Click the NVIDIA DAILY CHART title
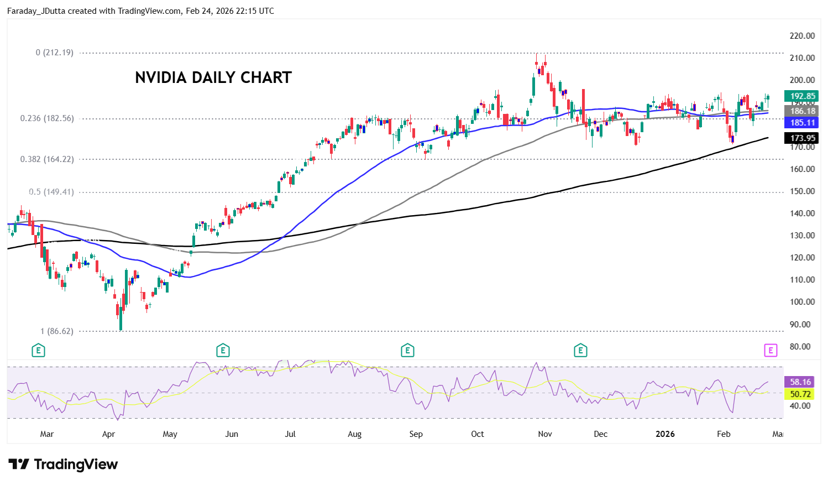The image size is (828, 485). coord(213,77)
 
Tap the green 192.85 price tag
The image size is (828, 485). coord(802,96)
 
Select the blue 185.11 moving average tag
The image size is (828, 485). coord(802,123)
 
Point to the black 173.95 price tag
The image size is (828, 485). coord(802,138)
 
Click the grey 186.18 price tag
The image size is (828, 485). coord(802,111)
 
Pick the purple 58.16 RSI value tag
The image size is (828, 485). coord(800,382)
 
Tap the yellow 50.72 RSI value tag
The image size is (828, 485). coord(800,394)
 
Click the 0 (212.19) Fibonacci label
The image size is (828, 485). coord(54,53)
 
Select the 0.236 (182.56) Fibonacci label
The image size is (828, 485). coord(47,118)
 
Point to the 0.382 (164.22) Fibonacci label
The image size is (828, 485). coord(47,159)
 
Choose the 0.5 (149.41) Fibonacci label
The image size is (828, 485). coord(51,192)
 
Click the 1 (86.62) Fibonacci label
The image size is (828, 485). coord(56,331)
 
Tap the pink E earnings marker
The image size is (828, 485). coord(771,350)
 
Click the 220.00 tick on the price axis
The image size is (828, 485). coord(802,36)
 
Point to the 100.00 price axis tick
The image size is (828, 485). coord(802,302)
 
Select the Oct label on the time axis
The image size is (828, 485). coord(478,434)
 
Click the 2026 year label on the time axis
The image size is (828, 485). coord(665,434)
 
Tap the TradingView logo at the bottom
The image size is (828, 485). coord(63,465)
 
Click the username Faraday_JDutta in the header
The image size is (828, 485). coord(35,11)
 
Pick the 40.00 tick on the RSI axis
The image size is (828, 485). coord(800,406)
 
